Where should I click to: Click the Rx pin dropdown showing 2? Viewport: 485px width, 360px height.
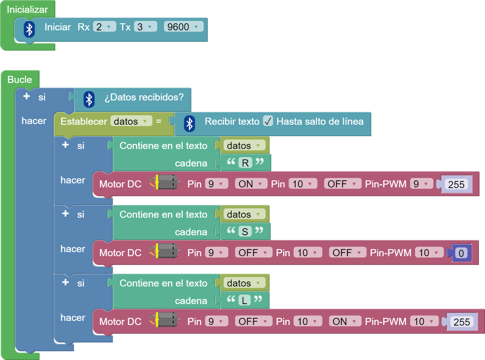(104, 27)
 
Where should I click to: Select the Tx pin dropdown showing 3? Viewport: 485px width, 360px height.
(145, 27)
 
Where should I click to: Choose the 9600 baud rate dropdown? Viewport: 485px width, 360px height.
(183, 27)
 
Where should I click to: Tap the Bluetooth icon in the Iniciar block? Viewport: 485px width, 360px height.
(29, 29)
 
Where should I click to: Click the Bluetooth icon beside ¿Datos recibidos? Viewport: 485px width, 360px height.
(89, 99)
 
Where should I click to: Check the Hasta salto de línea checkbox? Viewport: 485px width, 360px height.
(268, 121)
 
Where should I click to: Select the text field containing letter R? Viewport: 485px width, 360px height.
(245, 163)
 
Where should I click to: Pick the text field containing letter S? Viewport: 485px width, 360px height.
(245, 232)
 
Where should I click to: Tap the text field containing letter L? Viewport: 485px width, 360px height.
(245, 300)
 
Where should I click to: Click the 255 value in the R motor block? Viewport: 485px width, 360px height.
(456, 184)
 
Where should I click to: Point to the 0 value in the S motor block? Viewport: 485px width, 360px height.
(461, 253)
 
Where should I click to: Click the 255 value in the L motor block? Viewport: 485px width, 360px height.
(461, 322)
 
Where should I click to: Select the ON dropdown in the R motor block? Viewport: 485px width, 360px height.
(251, 184)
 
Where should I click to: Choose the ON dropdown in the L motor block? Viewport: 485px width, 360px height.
(344, 321)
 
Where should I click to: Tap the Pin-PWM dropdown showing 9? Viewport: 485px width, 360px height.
(421, 184)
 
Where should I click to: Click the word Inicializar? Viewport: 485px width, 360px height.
(27, 9)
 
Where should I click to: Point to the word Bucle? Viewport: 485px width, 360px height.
(20, 80)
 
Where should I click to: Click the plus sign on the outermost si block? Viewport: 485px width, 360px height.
(27, 96)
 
